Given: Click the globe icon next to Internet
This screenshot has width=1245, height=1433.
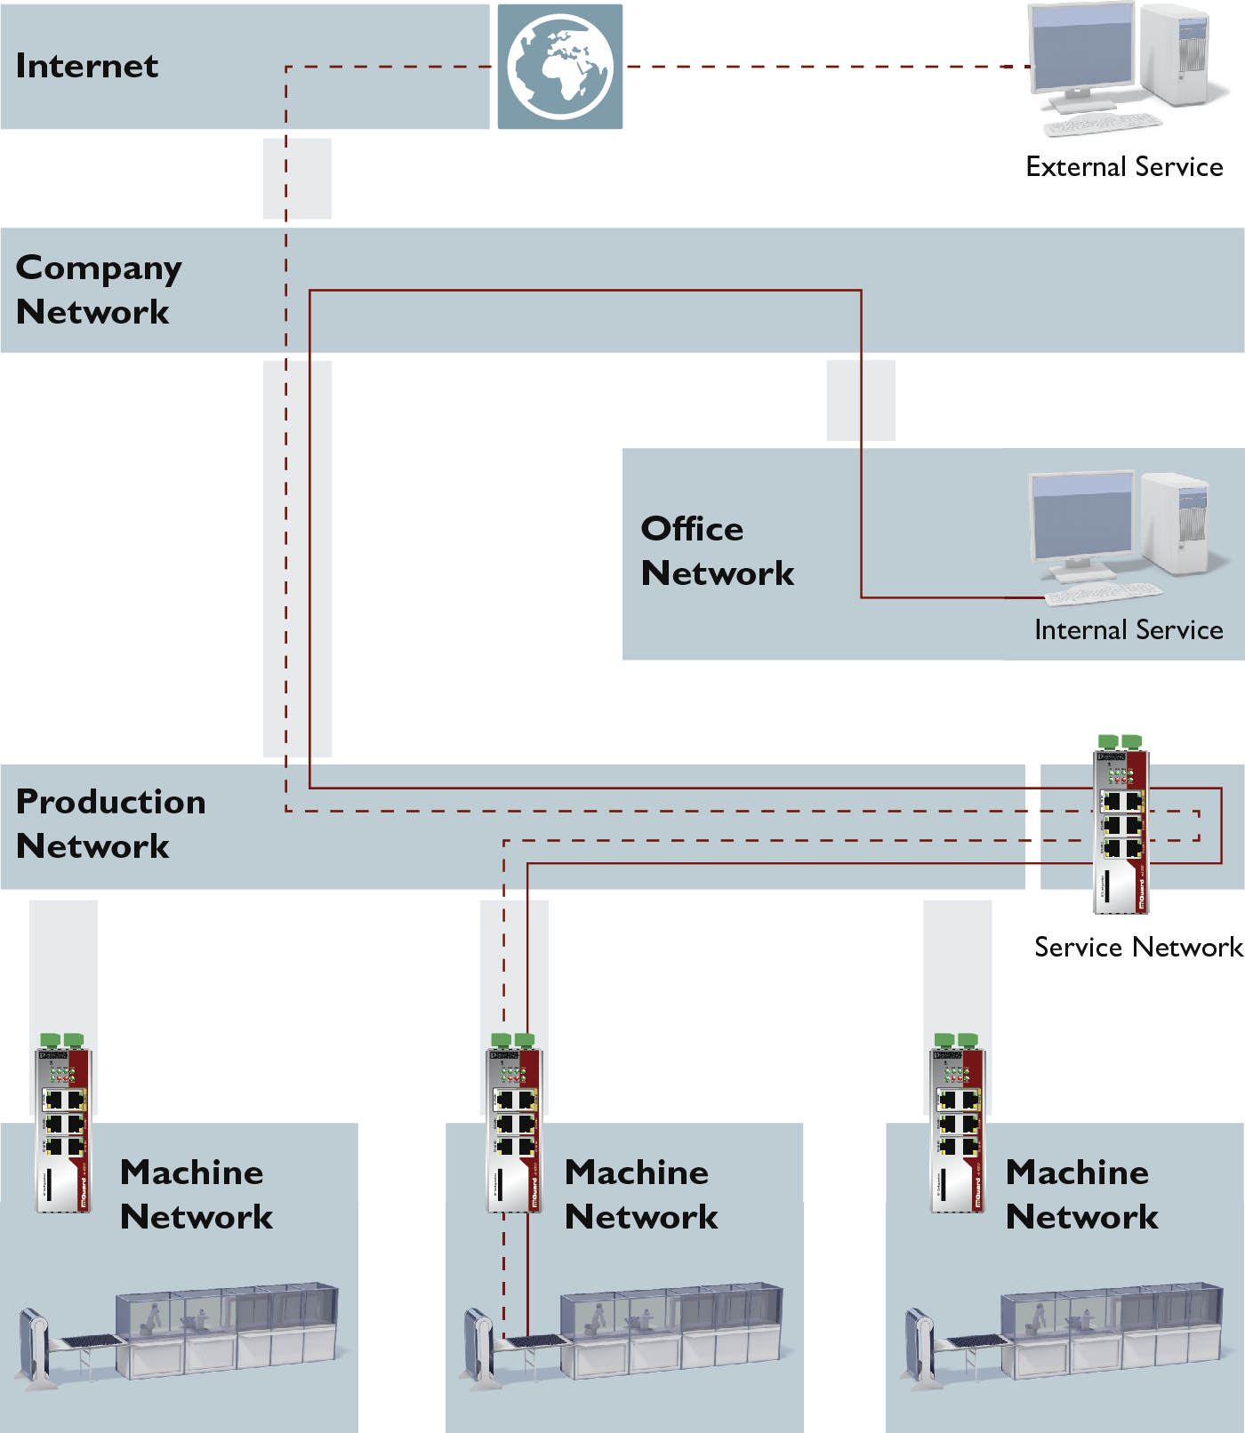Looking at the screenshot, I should (x=559, y=67).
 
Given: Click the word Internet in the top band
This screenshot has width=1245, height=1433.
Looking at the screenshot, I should (x=87, y=66).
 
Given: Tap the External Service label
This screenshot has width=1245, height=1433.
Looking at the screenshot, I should (x=1124, y=167).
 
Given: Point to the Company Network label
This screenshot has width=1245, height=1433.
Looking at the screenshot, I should (x=98, y=290).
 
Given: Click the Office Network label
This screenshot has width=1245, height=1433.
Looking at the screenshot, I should (x=717, y=551).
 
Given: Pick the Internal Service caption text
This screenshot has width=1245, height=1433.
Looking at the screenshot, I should (x=1129, y=630).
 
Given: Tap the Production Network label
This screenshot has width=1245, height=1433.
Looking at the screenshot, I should (x=110, y=824).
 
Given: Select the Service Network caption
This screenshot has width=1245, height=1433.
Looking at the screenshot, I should (x=1138, y=948).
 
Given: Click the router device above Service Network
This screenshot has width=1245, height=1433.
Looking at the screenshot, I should (x=1120, y=827).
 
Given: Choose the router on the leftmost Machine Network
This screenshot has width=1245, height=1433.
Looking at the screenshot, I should (x=63, y=1125).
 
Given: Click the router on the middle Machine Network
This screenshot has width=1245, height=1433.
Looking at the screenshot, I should (x=514, y=1125).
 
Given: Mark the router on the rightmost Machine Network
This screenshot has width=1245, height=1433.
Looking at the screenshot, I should (x=957, y=1125).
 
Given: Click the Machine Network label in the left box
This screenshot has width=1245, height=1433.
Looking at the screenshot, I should (x=196, y=1195).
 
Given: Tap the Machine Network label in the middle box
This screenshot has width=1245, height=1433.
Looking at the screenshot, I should (x=640, y=1195).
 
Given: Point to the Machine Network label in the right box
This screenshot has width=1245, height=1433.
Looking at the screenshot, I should (x=1081, y=1195).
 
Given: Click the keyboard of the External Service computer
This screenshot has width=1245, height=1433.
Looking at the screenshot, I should (x=1103, y=124).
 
